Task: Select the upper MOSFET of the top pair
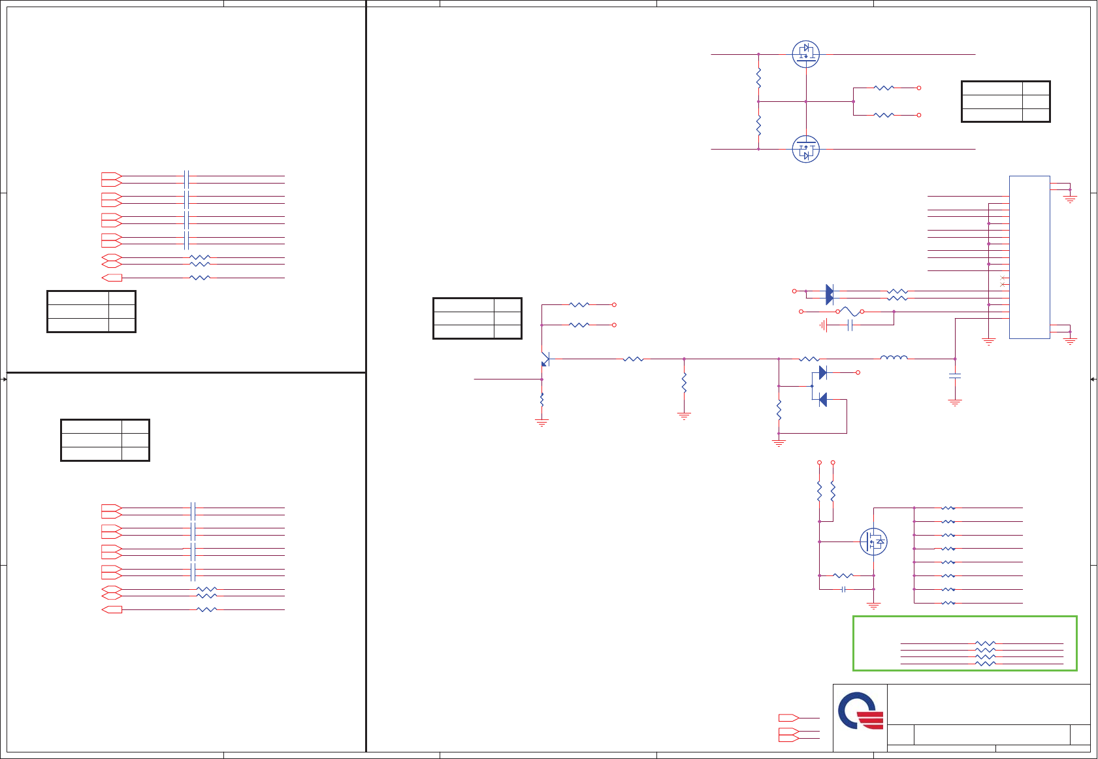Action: pos(805,54)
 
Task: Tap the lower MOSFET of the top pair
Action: pos(805,150)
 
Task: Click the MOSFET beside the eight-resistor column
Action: pos(873,541)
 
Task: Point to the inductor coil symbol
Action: pos(894,357)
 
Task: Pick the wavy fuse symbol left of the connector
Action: pos(850,311)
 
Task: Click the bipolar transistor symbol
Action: pos(545,359)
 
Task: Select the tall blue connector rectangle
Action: pos(1029,257)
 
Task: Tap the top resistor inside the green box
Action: pos(985,643)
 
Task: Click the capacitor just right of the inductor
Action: pos(955,376)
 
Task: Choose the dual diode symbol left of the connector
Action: pos(829,295)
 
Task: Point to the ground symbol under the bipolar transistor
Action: pos(541,423)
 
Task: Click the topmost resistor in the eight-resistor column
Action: pos(948,508)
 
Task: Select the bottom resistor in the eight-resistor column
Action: pos(948,603)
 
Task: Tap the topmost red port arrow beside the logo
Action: pos(788,718)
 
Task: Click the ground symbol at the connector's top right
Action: pos(1070,197)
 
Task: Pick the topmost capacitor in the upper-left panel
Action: pos(187,179)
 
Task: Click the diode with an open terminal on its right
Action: pos(822,372)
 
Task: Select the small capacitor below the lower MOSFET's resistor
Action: pos(843,589)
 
